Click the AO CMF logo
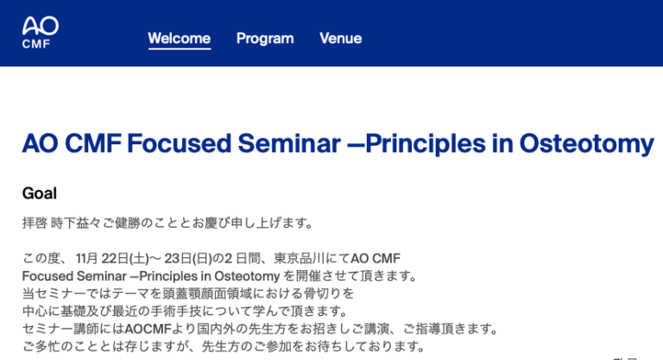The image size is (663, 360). pos(40,32)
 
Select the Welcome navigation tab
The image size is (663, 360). pos(179,39)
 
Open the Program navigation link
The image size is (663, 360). pos(265,39)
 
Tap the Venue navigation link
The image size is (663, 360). pos(340,39)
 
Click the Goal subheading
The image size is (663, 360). pos(40,193)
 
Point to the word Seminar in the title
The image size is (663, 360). pos(289,143)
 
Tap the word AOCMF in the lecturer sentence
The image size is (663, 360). pos(148,329)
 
